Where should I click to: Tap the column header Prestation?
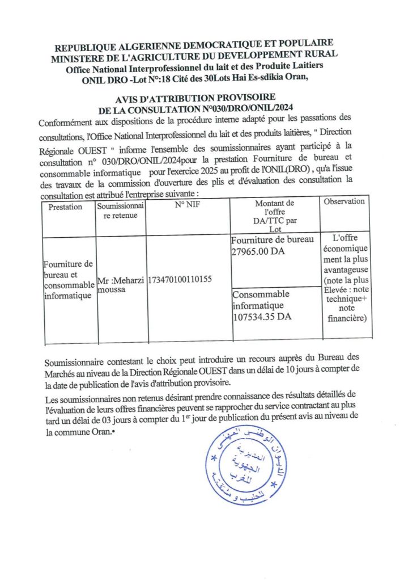[x=65, y=207]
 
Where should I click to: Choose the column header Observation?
[x=345, y=201]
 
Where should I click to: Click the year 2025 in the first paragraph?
[x=219, y=171]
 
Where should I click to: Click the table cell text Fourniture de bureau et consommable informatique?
[x=69, y=279]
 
